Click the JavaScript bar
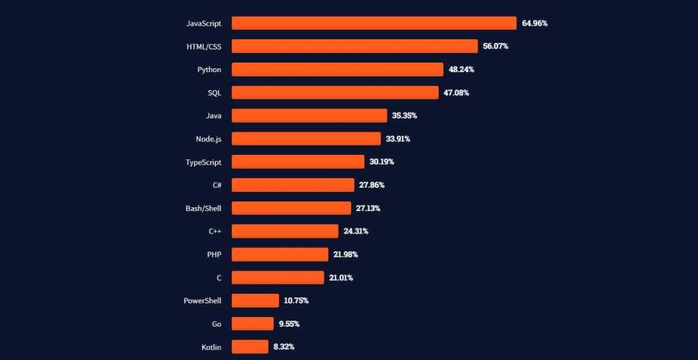click(374, 23)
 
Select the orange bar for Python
click(337, 70)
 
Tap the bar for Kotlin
click(250, 347)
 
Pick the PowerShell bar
click(255, 300)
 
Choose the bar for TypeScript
click(298, 162)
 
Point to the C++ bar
click(285, 231)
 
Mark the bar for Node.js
click(306, 139)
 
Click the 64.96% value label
click(534, 23)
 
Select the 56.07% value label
click(495, 47)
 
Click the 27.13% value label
click(368, 208)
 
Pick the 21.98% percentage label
click(345, 255)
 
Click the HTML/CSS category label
click(204, 47)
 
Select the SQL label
click(214, 92)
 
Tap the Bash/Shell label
click(204, 208)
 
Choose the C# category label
click(217, 185)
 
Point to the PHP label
click(214, 255)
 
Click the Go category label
click(217, 324)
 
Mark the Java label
click(214, 116)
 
